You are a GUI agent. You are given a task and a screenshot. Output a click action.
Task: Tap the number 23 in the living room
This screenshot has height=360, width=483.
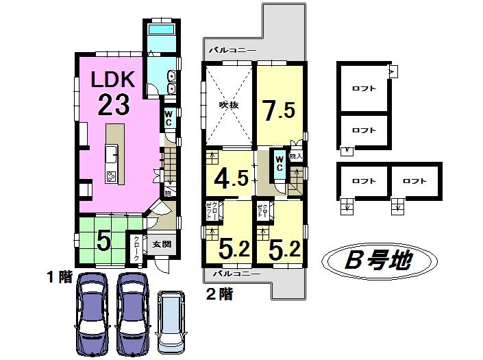[114, 106]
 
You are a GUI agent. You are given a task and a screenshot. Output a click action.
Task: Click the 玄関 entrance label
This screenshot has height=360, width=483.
[162, 244]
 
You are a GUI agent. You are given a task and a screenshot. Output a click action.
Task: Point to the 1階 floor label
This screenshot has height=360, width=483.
[60, 277]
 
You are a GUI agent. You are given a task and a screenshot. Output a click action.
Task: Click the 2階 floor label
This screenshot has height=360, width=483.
[219, 295]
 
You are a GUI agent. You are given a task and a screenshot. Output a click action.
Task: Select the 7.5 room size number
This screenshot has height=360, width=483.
[278, 110]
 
